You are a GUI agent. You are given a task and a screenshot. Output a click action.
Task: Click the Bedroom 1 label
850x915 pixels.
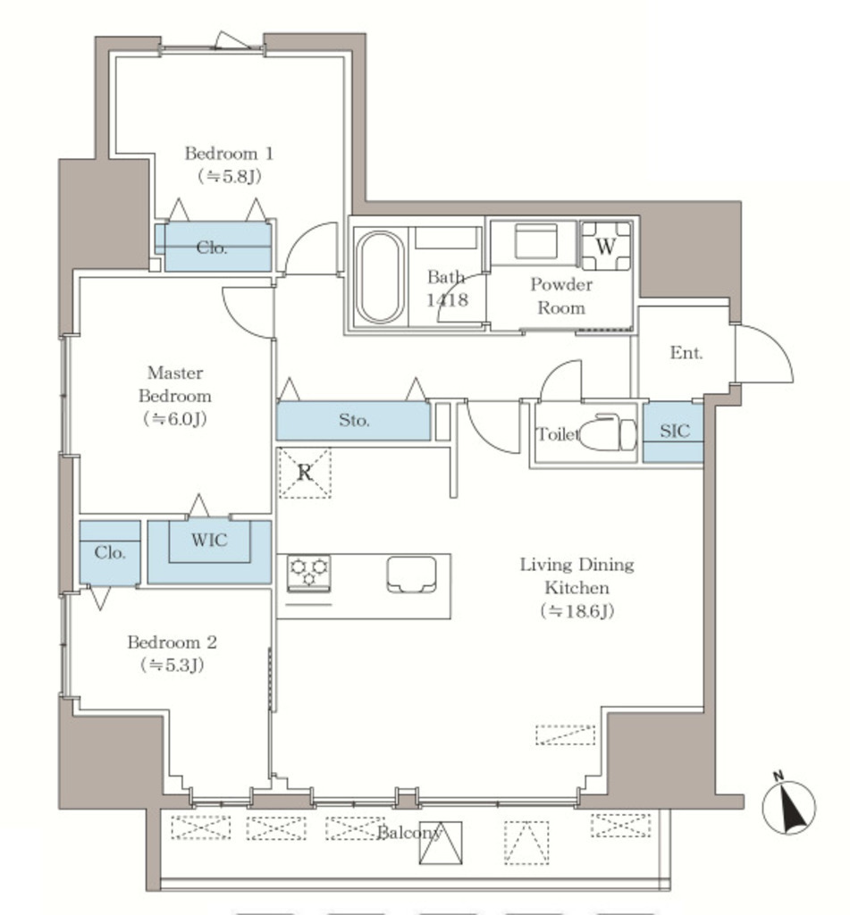[x=229, y=154]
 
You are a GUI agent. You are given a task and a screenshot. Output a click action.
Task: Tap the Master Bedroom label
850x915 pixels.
[x=175, y=384]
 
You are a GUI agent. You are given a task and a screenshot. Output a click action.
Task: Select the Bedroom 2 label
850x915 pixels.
[x=173, y=642]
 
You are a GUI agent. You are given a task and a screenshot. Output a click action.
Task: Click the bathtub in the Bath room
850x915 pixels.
[x=380, y=277]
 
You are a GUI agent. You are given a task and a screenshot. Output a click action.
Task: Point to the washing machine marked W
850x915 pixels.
[x=605, y=246]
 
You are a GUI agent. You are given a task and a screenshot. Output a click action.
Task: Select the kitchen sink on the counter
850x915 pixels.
[x=411, y=575]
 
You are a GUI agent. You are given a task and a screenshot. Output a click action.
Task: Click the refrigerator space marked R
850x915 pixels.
[x=305, y=473]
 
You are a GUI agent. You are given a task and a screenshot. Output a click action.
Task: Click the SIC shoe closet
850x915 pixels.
[x=673, y=432]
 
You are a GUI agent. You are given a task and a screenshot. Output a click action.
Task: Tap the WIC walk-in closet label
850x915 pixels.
[x=209, y=540]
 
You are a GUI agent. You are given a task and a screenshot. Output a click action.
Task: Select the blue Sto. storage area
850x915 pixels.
[x=353, y=420]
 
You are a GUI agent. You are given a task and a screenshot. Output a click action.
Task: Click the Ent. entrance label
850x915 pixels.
[x=686, y=352]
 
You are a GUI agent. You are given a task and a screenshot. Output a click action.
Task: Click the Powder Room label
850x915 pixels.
[x=561, y=296]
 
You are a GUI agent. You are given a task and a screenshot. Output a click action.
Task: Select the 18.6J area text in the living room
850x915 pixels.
[x=577, y=611]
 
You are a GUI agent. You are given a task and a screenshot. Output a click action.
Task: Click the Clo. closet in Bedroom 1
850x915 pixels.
[x=213, y=248]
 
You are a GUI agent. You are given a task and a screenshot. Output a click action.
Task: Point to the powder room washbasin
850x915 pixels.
[x=536, y=241]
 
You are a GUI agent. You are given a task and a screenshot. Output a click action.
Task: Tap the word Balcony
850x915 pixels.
[x=410, y=832]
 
